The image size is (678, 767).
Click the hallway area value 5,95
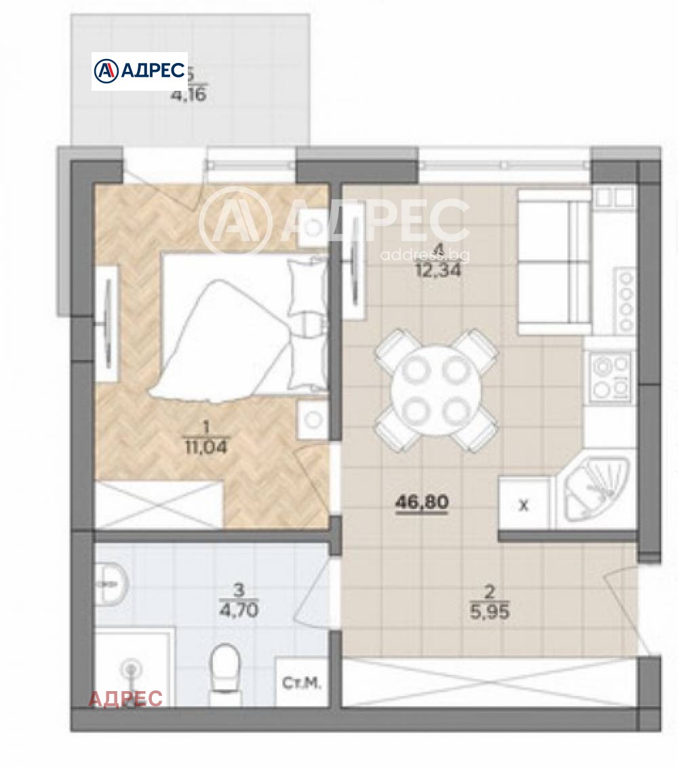pos(489,612)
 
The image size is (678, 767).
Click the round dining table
pos(437,390)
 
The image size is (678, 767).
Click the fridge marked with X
pos(523,505)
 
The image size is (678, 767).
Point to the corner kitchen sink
pos(595,491)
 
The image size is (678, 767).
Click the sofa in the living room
pos(554,262)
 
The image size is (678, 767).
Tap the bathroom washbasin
pos(111,581)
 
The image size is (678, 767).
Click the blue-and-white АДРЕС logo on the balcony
pos(140,70)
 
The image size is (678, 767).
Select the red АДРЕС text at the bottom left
pos(126,699)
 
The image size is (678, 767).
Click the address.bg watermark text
pos(425,255)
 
